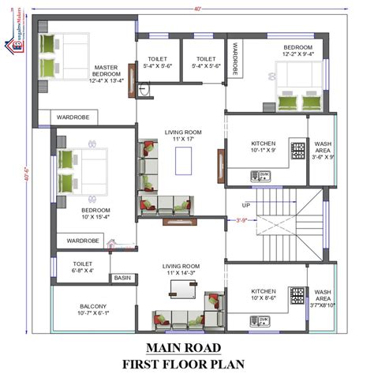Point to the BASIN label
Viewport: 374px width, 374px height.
122,278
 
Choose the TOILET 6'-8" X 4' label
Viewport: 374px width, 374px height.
83,267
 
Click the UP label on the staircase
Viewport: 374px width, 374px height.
247,206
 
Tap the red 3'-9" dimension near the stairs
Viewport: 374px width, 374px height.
241,220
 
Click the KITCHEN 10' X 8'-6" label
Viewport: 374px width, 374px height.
263,294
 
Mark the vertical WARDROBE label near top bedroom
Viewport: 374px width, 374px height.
235,59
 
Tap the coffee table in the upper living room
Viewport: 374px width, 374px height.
183,160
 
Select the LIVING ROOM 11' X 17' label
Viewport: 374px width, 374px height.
183,136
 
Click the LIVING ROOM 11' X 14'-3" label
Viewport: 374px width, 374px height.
181,271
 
